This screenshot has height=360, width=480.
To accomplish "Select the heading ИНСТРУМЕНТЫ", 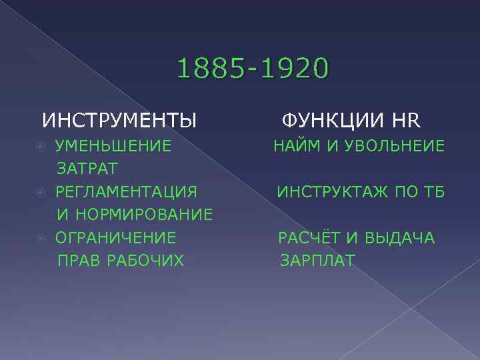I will (119, 121).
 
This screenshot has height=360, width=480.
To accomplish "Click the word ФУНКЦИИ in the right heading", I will (332, 121).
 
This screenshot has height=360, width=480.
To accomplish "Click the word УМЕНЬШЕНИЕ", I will (113, 145).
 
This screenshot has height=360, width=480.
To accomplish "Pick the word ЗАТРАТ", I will (87, 167).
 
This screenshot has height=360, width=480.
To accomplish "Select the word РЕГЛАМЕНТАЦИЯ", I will (126, 192).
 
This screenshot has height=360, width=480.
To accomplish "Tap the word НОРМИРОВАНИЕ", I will (145, 215).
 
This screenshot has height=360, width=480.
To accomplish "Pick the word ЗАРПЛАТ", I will (317, 259).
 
